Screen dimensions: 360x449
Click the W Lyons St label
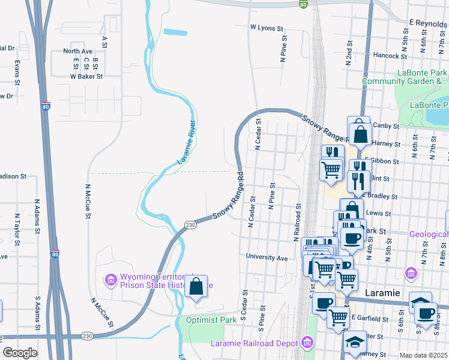[267, 28]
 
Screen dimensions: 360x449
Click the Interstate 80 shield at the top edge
[304, 4]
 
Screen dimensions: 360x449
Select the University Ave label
[267, 257]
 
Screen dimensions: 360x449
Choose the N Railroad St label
[297, 222]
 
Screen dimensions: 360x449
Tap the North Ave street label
[78, 52]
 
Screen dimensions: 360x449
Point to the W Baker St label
[86, 76]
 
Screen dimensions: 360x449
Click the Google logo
[20, 353]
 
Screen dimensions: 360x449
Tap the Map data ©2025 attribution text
[423, 355]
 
